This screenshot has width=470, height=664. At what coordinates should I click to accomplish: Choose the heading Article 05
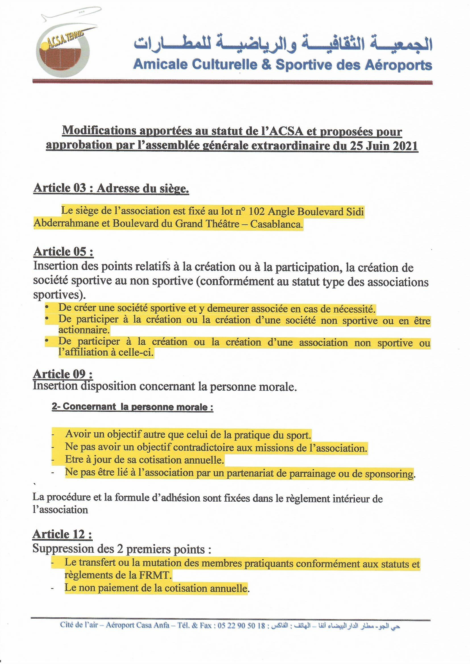pos(63,252)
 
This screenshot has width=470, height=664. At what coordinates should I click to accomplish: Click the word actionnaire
pos(84,330)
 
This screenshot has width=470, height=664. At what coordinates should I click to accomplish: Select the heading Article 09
pos(63,374)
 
